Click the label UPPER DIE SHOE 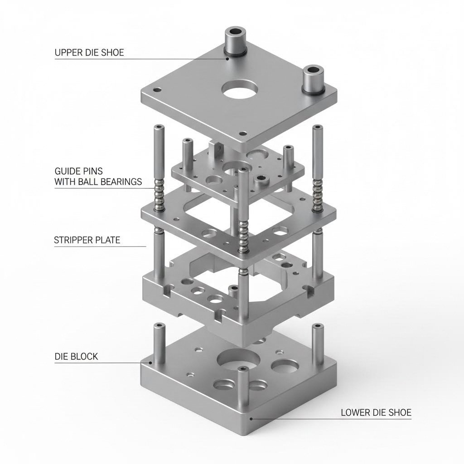pos(89,53)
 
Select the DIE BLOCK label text pos(76,356)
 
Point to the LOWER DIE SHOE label pos(376,412)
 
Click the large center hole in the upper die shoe pos(240,90)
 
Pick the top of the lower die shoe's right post pos(318,326)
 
